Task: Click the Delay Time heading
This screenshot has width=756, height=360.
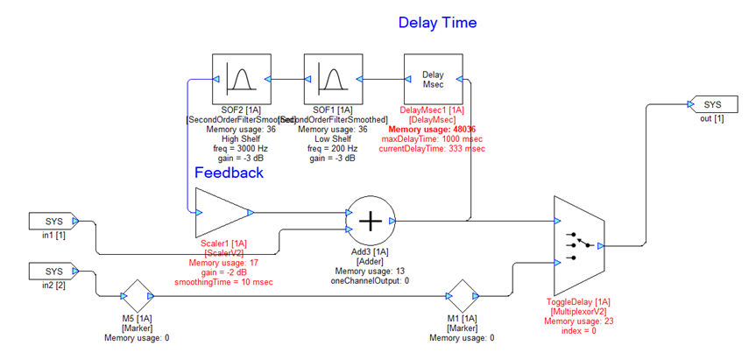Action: coord(437,23)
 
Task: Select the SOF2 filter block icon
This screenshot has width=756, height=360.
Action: coord(239,78)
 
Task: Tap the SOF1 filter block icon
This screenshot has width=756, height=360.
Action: coord(329,78)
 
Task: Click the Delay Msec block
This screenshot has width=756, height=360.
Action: coord(432,78)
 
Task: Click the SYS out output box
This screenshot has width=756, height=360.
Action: coord(711,105)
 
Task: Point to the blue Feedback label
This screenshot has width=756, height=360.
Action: coord(229,173)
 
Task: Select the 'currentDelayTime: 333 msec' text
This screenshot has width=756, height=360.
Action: coord(432,149)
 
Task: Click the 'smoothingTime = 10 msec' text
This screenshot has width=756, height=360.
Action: coord(225,282)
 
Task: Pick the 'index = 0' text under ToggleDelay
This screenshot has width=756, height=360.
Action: coord(578,332)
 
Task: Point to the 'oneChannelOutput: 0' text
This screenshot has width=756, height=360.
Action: coord(371,280)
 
